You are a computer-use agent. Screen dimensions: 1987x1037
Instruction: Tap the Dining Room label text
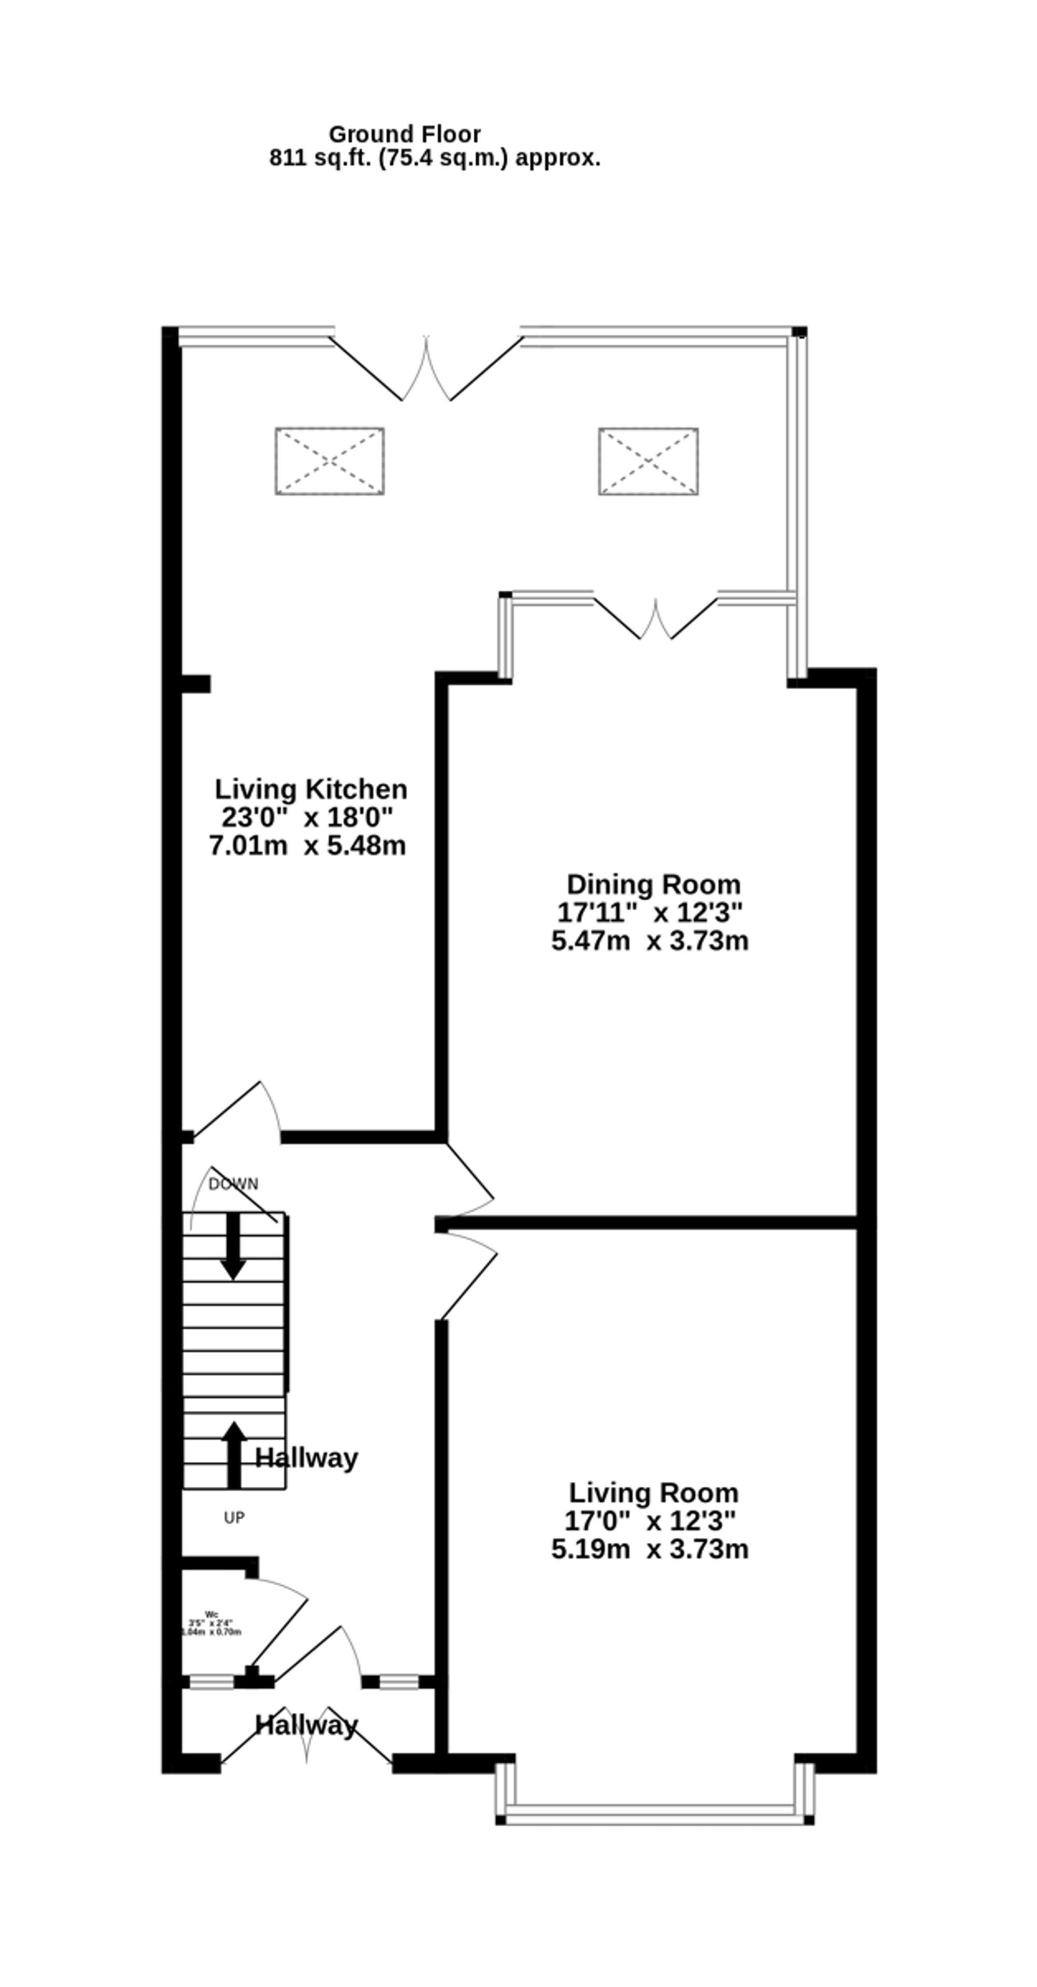point(653,884)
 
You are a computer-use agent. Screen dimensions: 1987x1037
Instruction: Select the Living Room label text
point(653,1493)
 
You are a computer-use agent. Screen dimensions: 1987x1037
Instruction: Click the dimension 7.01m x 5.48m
point(307,846)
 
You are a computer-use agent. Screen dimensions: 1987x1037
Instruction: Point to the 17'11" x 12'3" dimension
point(650,913)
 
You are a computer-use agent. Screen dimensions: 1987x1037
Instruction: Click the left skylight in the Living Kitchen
point(329,461)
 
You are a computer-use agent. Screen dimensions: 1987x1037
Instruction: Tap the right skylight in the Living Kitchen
point(648,461)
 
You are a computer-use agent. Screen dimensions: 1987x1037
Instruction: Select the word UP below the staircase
point(234,1517)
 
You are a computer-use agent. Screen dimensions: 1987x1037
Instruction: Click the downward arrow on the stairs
point(233,1246)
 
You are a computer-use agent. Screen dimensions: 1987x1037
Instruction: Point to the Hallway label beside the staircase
point(306,1458)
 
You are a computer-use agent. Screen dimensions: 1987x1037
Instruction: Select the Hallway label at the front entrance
point(306,1725)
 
